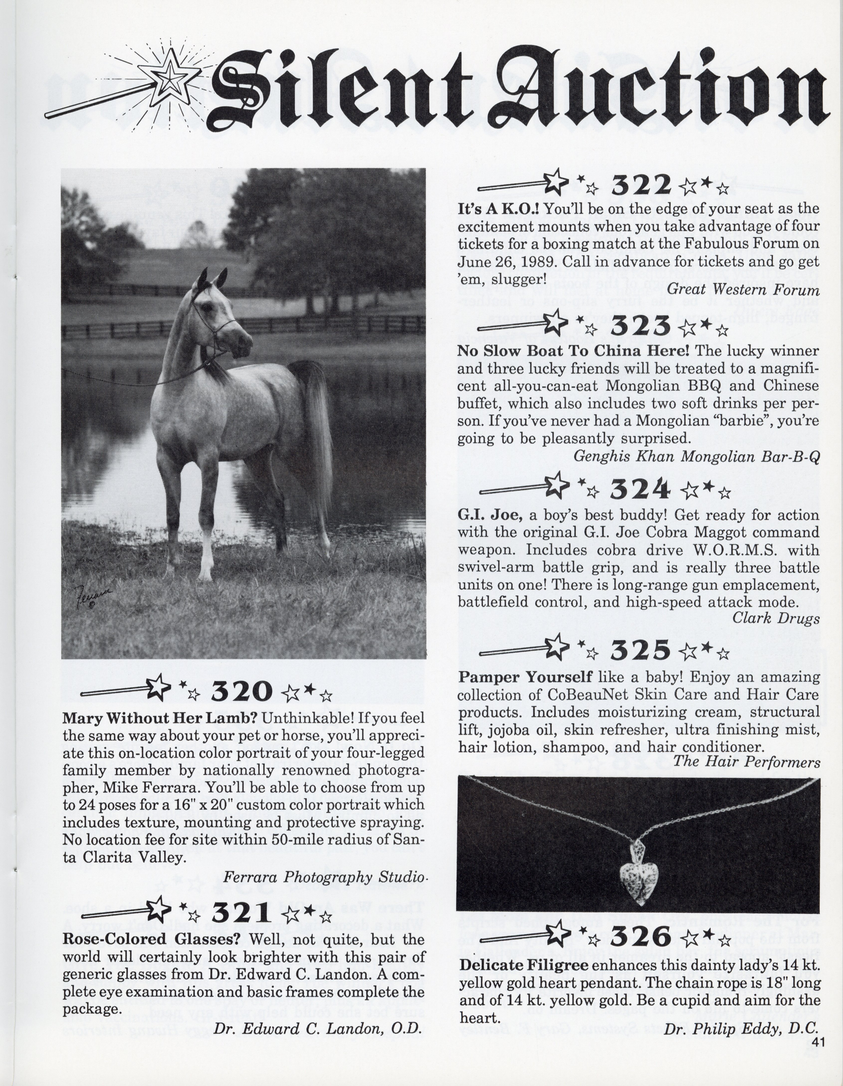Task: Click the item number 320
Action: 242,691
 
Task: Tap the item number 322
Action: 641,186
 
